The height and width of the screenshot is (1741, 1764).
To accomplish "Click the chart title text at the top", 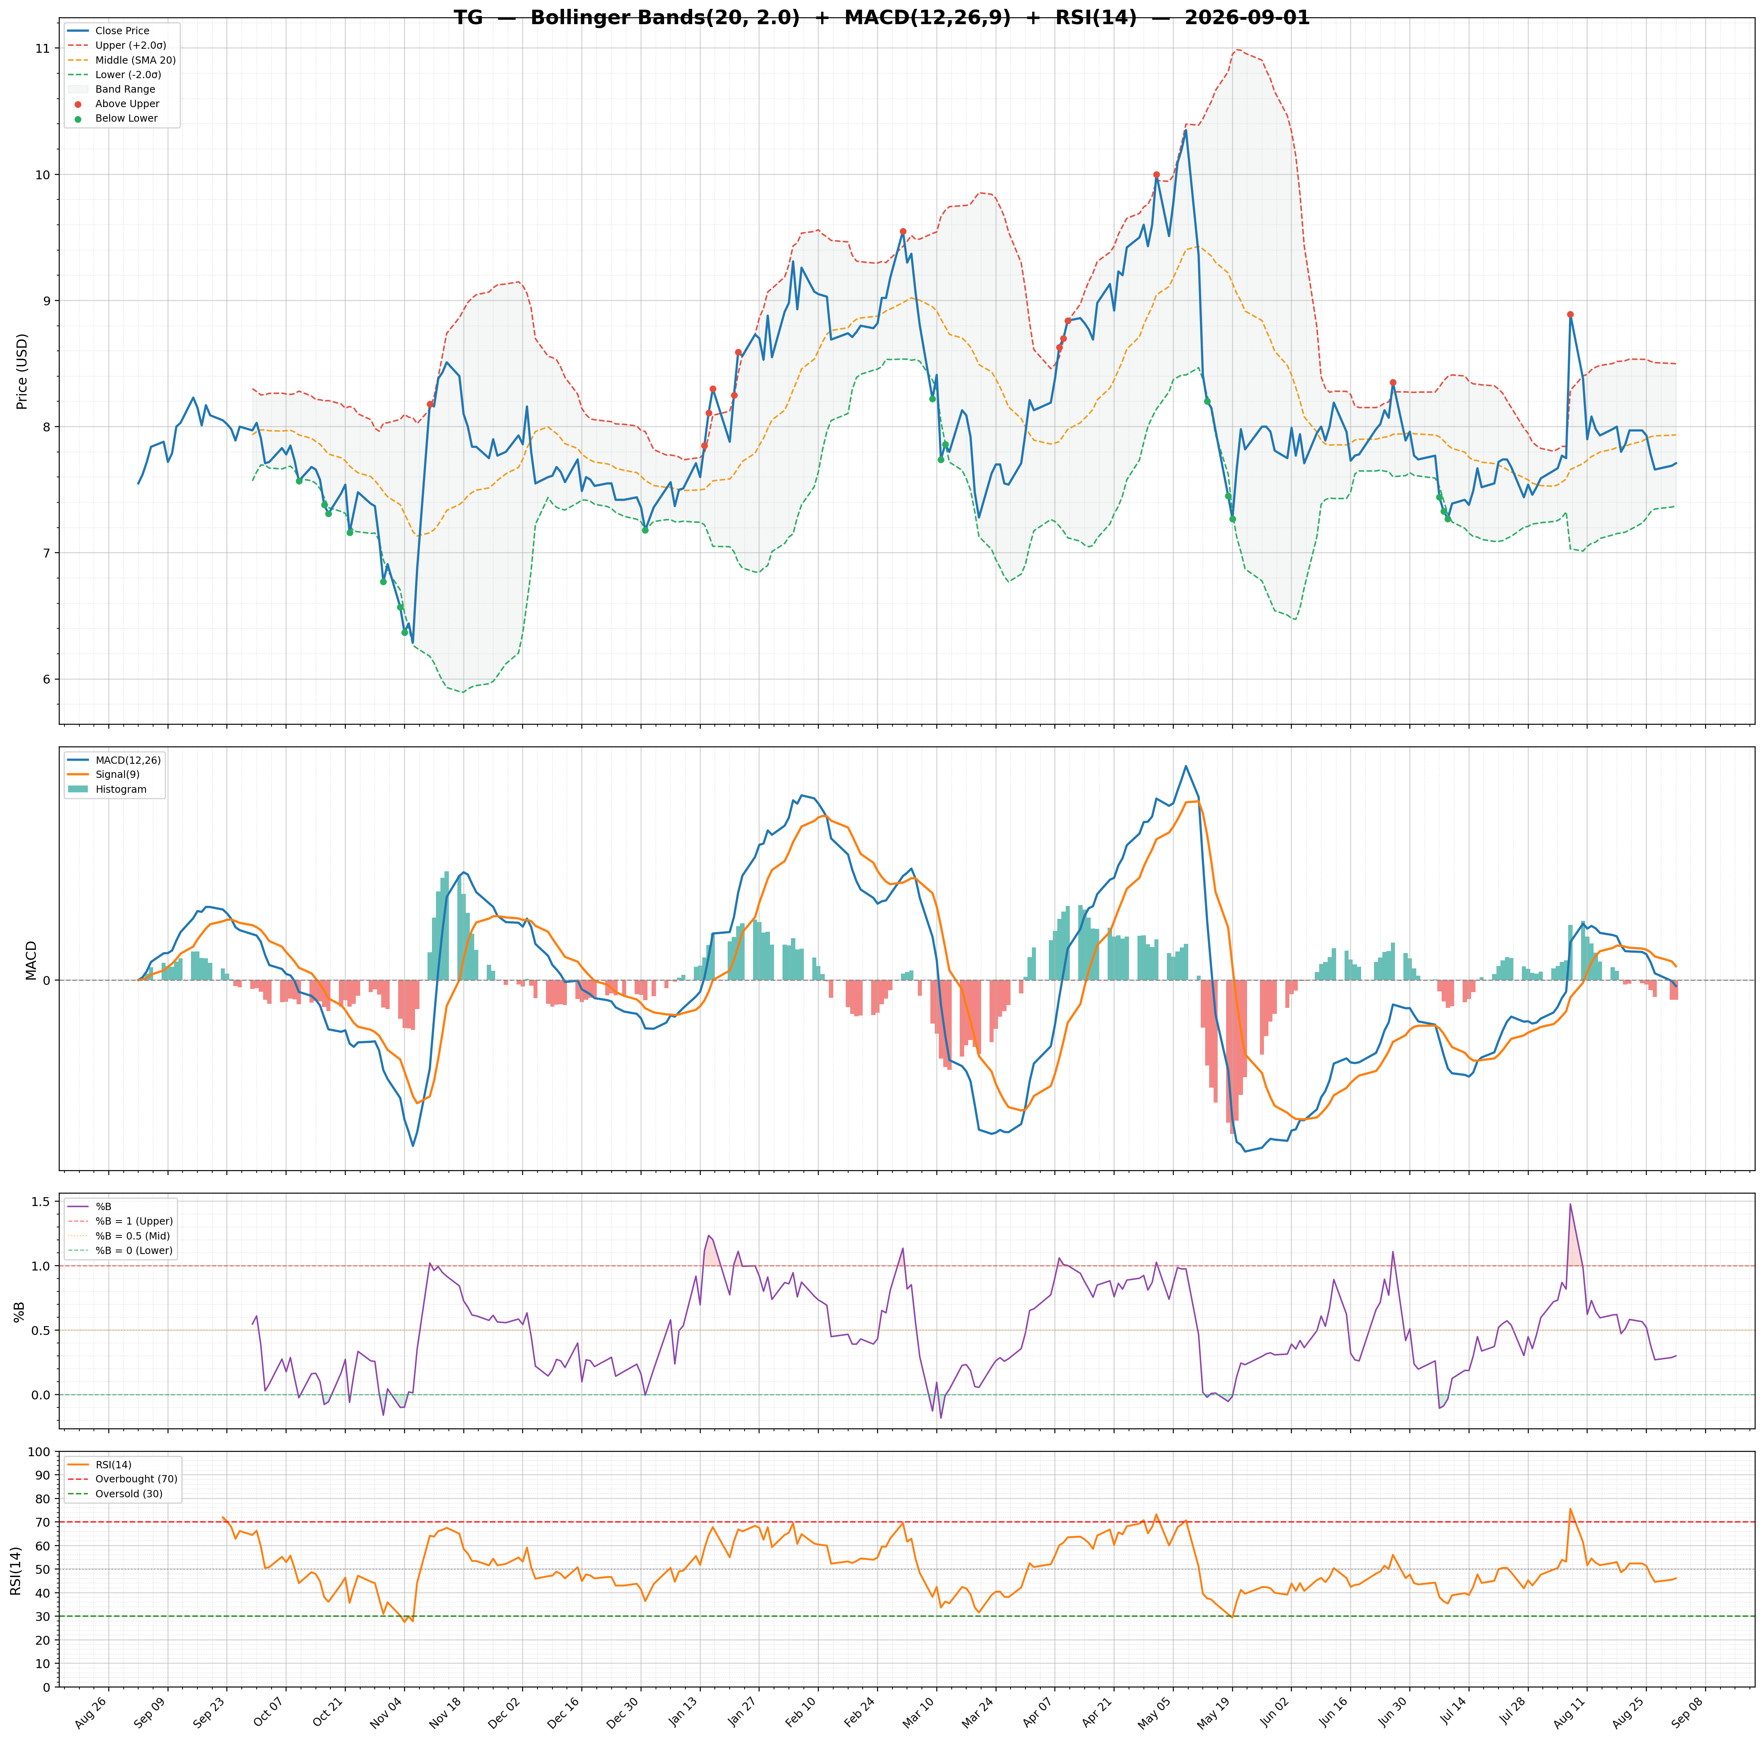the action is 881,18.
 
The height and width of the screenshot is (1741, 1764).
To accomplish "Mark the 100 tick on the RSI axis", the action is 39,1452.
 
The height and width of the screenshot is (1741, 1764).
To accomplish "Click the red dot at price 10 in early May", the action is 1156,174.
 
